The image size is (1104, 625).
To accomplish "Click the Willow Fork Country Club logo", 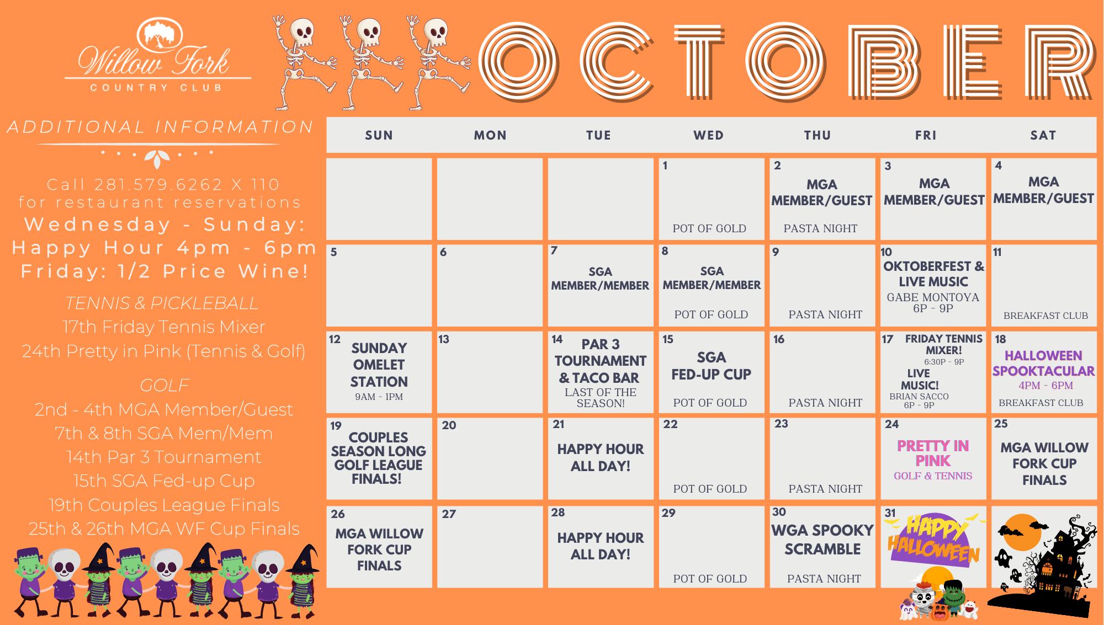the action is [x=158, y=55].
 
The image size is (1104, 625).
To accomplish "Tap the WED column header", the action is [x=709, y=135].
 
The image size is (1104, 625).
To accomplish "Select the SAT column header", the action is [x=1043, y=135].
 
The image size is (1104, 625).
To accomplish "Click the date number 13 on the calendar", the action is [x=444, y=339].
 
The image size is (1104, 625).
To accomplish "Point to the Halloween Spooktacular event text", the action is [x=1043, y=364].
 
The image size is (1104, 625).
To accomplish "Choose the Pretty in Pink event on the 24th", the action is [x=933, y=453].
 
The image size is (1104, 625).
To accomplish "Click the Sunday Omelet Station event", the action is [x=379, y=365].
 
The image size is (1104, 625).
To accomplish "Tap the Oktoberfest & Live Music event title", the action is [x=933, y=274].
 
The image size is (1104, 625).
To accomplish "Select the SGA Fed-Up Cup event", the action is [x=711, y=366].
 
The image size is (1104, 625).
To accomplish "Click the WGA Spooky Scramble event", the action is [x=822, y=539].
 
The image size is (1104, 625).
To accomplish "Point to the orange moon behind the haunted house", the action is [x=1022, y=532].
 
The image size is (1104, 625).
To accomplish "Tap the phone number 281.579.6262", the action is [x=158, y=184].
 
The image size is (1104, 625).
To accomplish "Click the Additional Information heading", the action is [x=160, y=127].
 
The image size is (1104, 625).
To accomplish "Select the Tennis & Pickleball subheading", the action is [x=162, y=303].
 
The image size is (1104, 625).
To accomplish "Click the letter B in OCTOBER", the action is [x=884, y=62].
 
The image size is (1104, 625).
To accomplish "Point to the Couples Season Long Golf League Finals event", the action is [x=379, y=458].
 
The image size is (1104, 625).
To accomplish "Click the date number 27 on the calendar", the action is [x=449, y=514].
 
